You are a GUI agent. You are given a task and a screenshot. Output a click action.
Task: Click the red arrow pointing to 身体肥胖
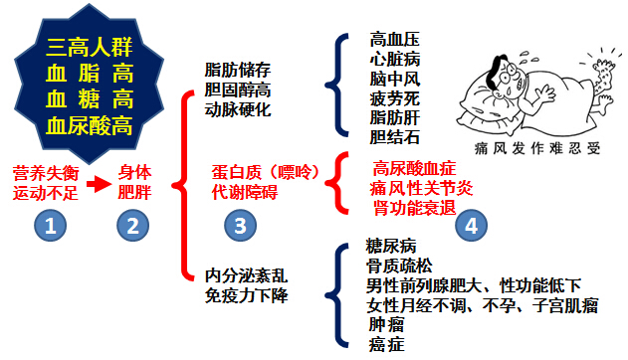(x=94, y=184)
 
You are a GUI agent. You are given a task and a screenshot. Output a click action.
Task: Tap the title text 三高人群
(x=91, y=46)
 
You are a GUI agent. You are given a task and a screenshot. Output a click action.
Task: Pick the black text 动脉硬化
(x=236, y=109)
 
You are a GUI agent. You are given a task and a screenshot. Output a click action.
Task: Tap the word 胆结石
(x=393, y=136)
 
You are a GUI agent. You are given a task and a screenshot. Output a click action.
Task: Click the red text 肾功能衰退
(x=413, y=206)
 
